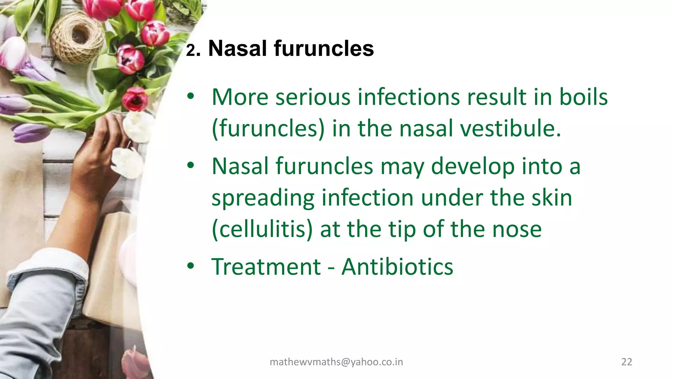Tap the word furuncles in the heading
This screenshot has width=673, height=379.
[324, 48]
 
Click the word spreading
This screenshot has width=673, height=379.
[263, 198]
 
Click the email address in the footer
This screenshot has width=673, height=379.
[336, 362]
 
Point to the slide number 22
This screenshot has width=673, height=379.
[627, 362]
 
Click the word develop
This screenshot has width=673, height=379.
[473, 166]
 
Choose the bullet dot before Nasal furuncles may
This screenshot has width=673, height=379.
[191, 166]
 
